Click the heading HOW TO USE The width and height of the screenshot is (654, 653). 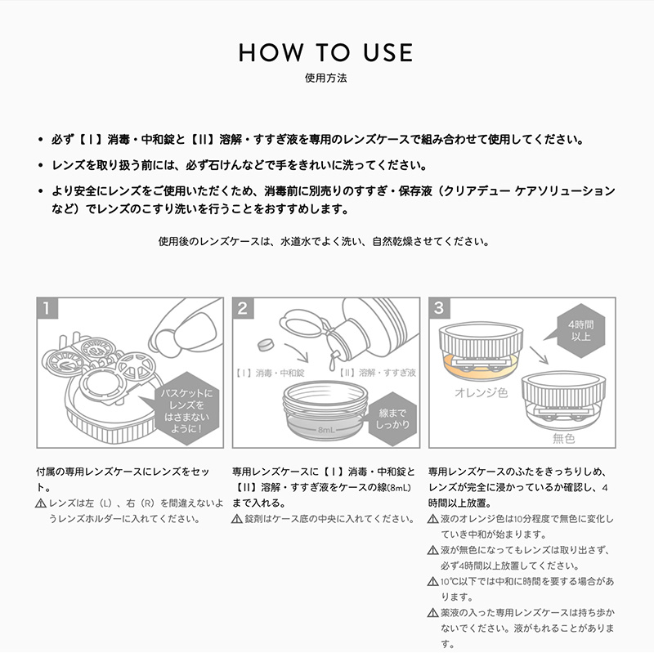(x=325, y=52)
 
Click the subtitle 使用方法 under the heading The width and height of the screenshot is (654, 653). (x=325, y=78)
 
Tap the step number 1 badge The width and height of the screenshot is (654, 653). (x=47, y=308)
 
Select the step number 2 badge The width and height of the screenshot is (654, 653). (x=243, y=308)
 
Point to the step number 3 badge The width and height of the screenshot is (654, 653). (x=439, y=308)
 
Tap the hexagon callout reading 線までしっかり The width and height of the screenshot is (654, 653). (x=392, y=418)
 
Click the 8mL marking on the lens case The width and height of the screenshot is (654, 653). (x=326, y=430)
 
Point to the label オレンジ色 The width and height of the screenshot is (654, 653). (x=482, y=393)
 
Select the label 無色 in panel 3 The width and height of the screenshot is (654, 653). (x=563, y=438)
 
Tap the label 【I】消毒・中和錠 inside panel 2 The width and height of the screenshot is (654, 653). (x=270, y=373)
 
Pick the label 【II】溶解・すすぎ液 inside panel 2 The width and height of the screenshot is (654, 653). (x=378, y=373)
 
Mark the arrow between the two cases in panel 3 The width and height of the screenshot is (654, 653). (x=540, y=355)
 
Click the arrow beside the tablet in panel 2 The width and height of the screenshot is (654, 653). (x=297, y=352)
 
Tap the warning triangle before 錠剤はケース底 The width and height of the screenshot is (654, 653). (x=237, y=519)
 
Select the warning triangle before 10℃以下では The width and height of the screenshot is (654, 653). (x=433, y=581)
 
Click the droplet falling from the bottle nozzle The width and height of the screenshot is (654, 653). (x=333, y=363)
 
